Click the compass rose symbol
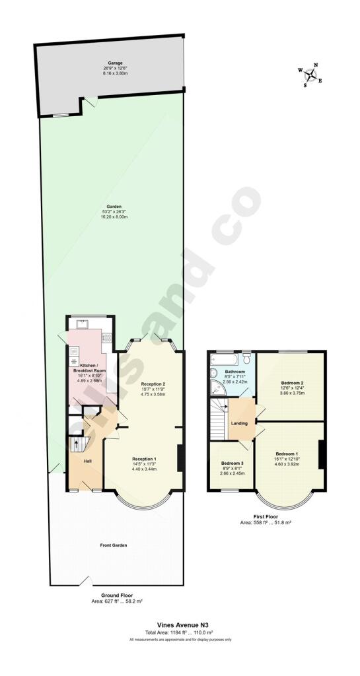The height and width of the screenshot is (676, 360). click(310, 75)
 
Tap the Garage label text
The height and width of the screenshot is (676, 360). click(116, 63)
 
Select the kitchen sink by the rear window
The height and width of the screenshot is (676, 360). click(83, 323)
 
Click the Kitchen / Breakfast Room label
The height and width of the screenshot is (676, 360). click(89, 368)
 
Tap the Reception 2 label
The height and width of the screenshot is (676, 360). click(153, 384)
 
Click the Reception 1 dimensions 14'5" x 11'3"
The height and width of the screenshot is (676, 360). click(144, 464)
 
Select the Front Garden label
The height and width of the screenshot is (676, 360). click(114, 545)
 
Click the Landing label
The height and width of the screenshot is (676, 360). click(239, 424)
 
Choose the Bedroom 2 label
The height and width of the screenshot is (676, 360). click(292, 383)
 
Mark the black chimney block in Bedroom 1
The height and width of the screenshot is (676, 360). click(321, 454)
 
